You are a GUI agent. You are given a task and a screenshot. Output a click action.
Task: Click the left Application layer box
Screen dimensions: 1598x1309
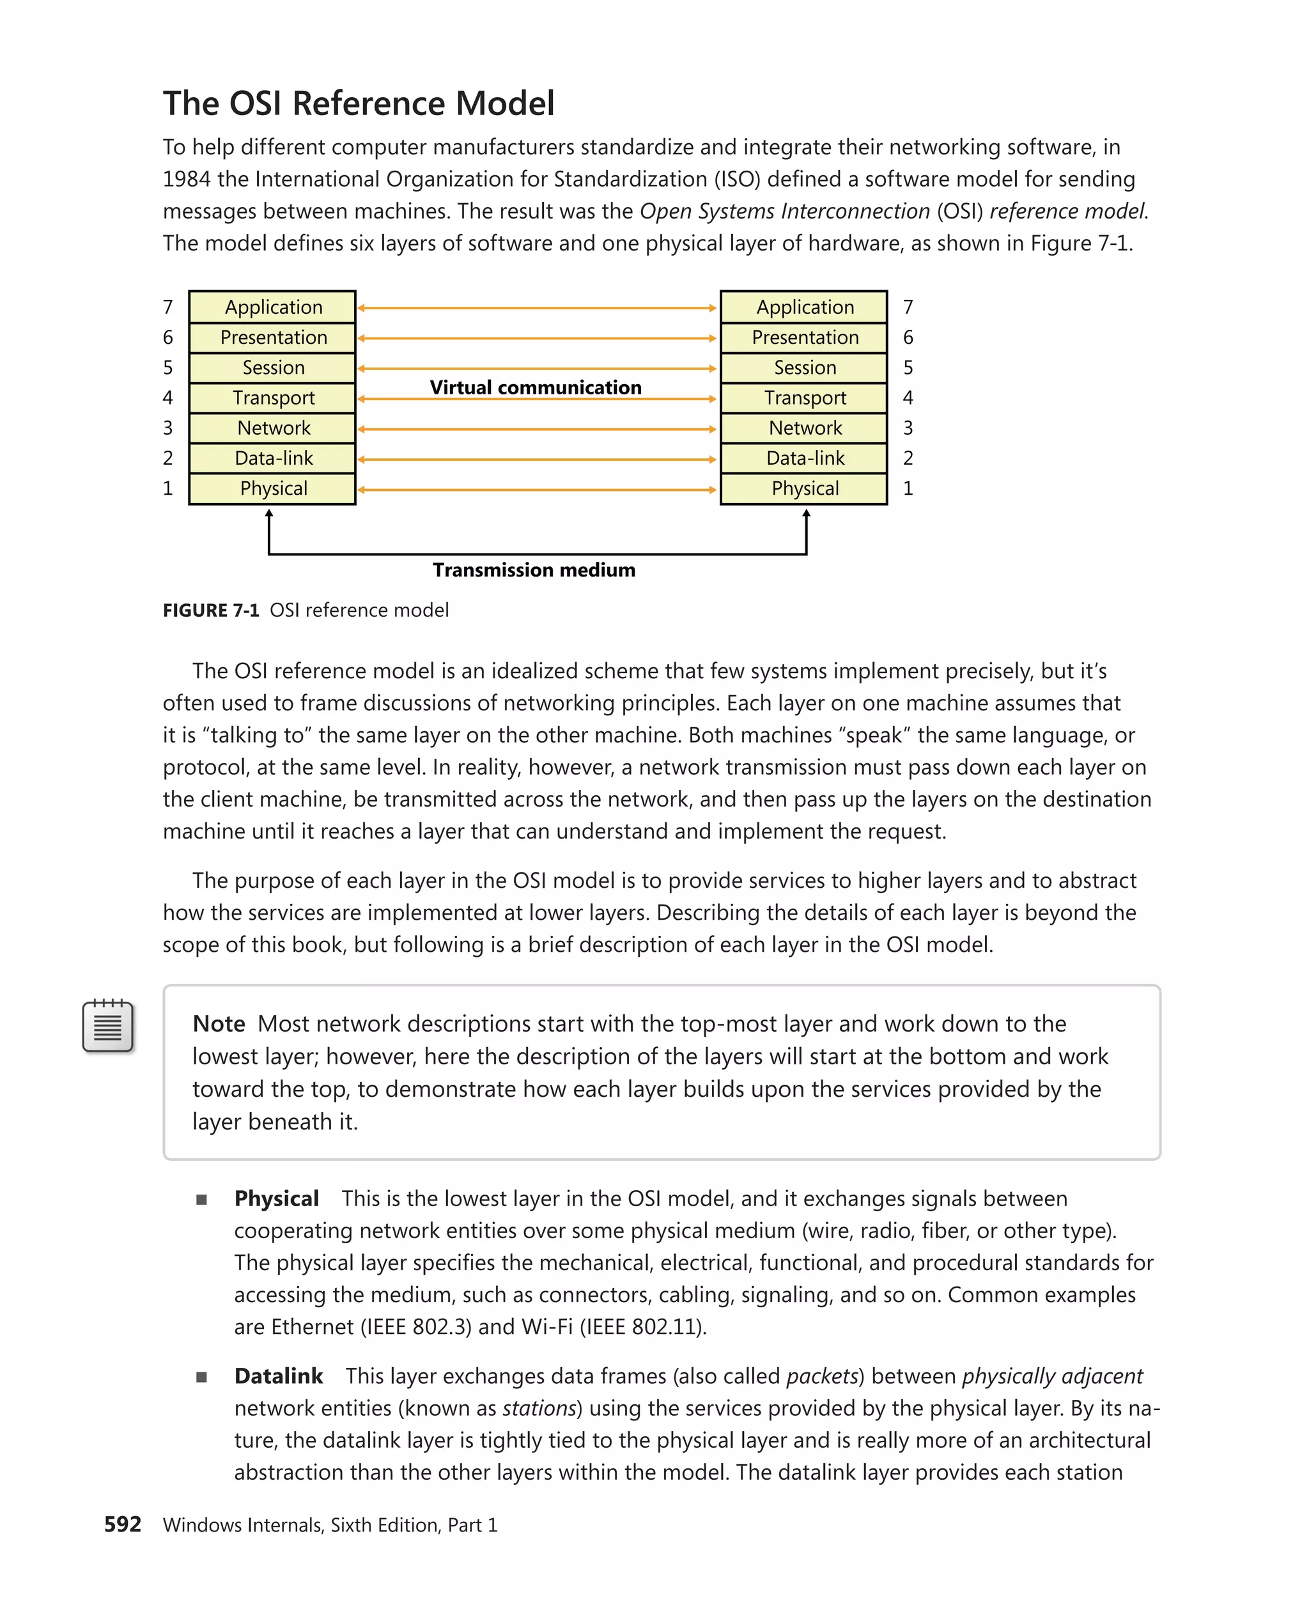(x=272, y=307)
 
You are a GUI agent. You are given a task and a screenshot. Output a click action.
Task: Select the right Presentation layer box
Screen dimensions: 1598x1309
(x=804, y=337)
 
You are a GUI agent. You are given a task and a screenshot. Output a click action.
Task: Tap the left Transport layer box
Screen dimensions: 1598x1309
(x=272, y=398)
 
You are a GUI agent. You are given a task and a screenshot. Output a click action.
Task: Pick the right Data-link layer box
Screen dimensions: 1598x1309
(x=804, y=458)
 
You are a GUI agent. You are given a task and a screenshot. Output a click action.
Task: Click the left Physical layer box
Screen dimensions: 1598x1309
(x=272, y=488)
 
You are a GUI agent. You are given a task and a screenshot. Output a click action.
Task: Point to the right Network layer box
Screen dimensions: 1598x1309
(x=804, y=428)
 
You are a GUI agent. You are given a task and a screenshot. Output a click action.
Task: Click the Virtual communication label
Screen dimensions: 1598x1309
(x=536, y=387)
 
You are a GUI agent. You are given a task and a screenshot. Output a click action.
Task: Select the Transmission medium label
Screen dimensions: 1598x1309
(x=534, y=570)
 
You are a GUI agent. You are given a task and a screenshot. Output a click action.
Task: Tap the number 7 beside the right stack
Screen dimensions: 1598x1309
(x=908, y=307)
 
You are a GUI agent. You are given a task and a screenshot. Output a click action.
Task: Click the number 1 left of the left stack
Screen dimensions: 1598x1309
(x=168, y=488)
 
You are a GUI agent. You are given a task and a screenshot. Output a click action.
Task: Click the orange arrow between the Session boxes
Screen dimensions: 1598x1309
(x=537, y=369)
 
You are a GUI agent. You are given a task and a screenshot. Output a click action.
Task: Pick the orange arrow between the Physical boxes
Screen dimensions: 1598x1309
(x=537, y=490)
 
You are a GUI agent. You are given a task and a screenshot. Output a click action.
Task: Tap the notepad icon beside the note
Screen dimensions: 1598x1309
(x=108, y=1026)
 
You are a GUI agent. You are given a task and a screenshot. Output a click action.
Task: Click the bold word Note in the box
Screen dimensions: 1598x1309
(x=219, y=1023)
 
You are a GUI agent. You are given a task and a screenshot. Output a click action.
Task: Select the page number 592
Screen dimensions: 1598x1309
(x=123, y=1524)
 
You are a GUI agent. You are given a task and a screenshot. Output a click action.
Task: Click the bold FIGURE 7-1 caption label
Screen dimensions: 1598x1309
(x=210, y=610)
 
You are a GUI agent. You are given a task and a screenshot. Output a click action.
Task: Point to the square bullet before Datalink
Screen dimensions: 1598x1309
(x=201, y=1377)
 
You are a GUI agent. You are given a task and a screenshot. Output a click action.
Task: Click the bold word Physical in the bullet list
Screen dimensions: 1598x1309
(x=276, y=1198)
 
